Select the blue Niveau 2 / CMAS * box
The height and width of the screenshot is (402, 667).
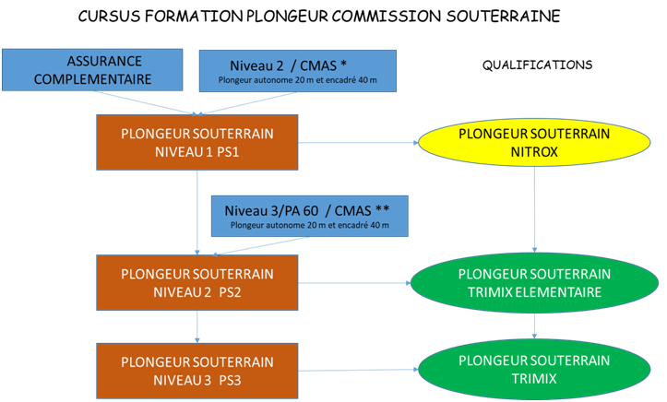point(297,72)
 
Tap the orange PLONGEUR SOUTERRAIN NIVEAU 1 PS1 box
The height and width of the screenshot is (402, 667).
point(197,142)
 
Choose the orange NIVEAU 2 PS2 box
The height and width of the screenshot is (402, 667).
point(197,283)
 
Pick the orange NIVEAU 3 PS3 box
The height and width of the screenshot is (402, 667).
point(197,370)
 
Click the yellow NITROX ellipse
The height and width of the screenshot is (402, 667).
point(534,142)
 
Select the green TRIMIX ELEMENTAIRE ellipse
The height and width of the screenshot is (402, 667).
point(534,283)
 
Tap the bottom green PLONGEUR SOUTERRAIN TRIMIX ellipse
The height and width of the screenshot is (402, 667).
point(534,369)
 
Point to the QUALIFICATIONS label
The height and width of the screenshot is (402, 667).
point(537,65)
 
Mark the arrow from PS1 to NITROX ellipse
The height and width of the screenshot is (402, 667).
point(360,144)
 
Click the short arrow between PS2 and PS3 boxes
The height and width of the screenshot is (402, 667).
point(197,327)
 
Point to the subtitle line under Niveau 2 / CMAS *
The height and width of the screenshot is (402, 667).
point(297,81)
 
